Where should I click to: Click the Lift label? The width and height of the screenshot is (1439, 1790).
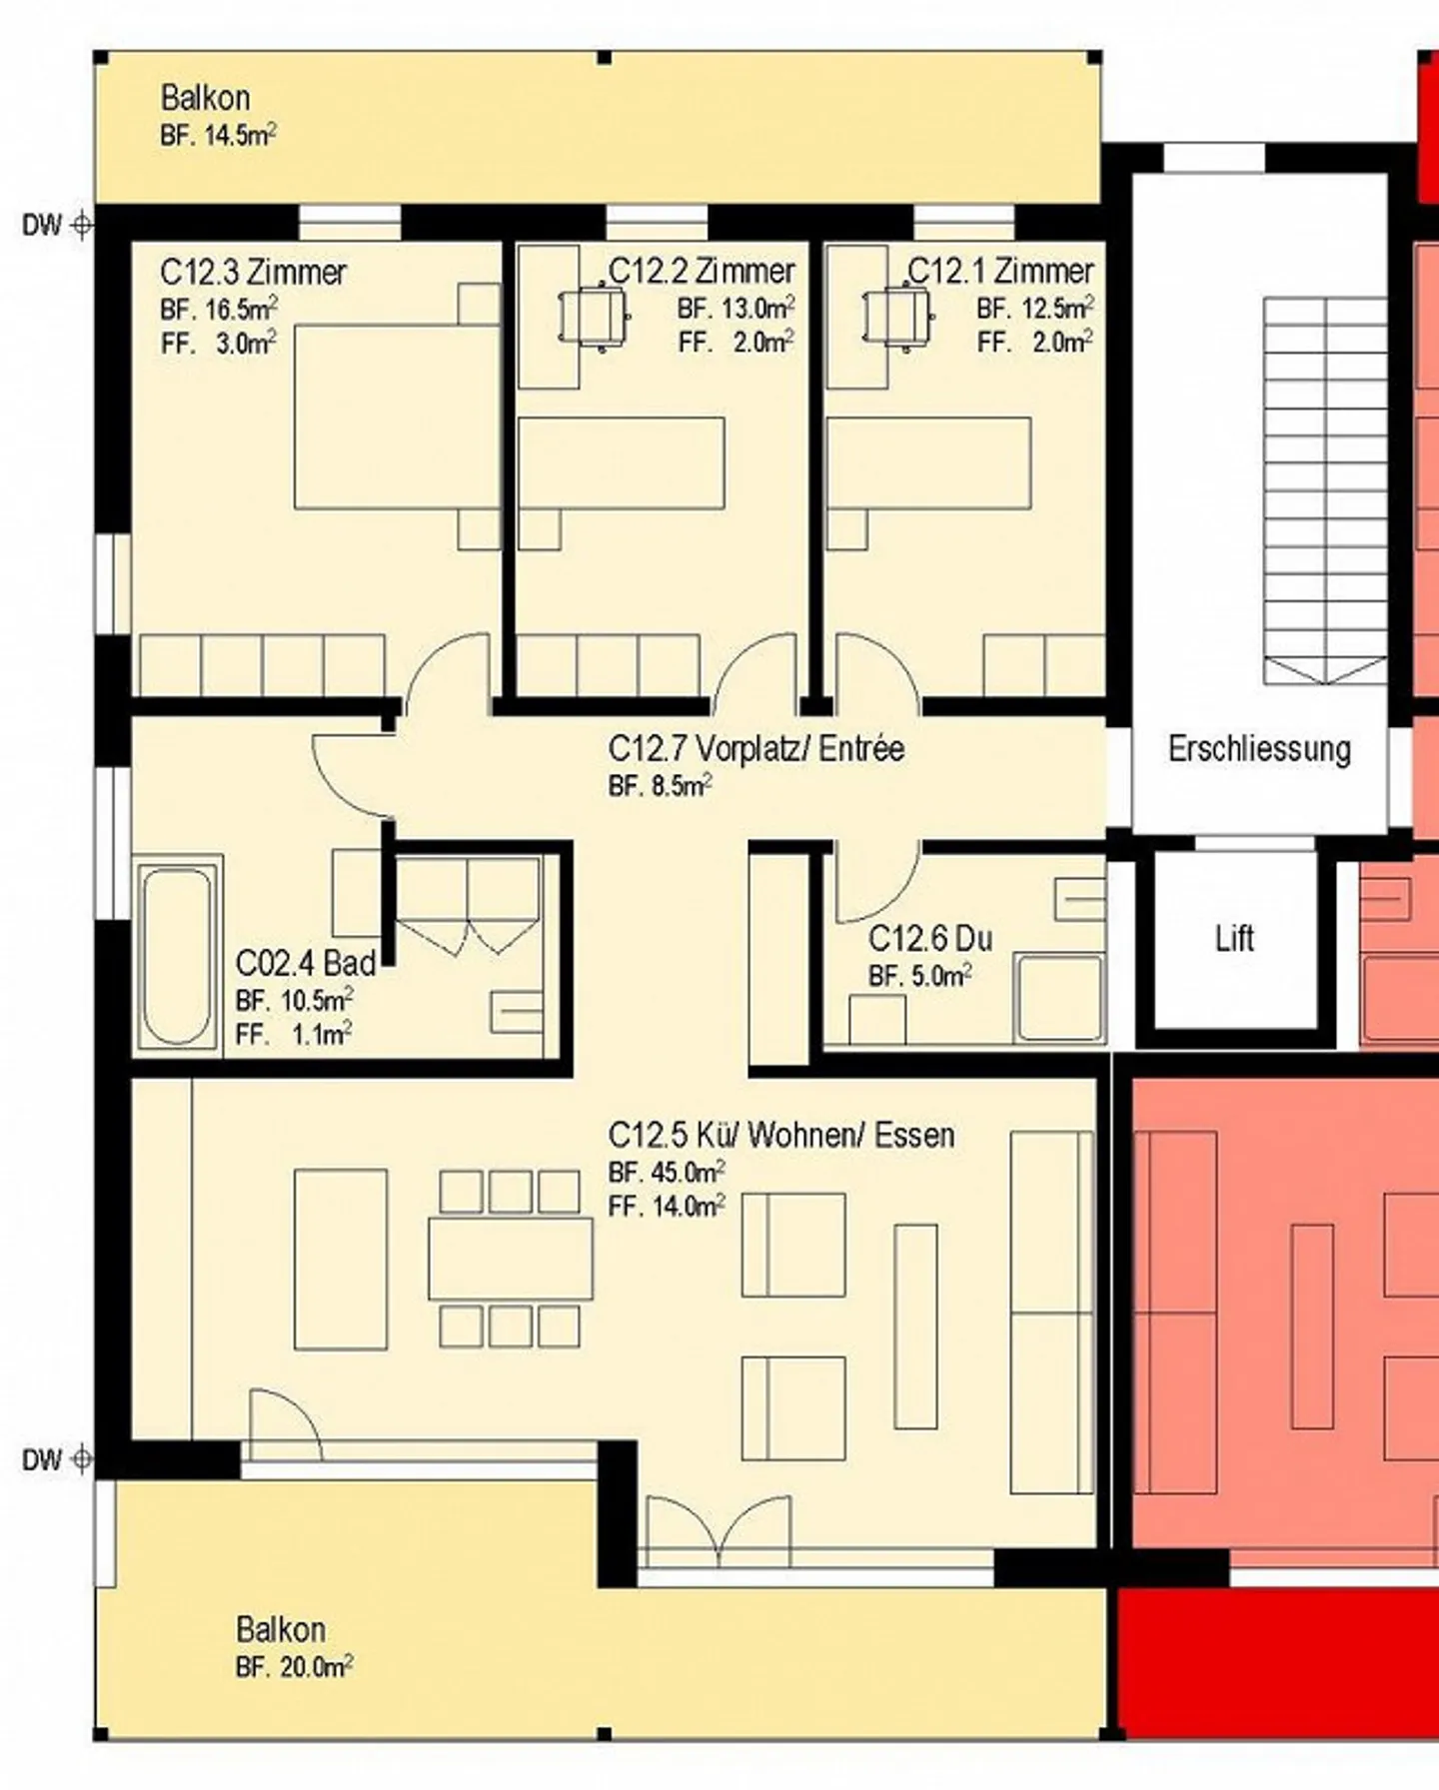click(x=1234, y=938)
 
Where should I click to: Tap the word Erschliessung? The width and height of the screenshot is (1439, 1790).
click(x=1259, y=748)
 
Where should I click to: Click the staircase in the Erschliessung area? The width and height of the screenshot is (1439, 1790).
click(x=1325, y=490)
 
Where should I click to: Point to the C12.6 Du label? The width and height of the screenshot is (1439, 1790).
click(x=930, y=938)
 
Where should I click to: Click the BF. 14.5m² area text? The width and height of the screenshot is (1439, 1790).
click(x=218, y=135)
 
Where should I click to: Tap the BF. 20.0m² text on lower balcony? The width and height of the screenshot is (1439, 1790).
click(x=294, y=1667)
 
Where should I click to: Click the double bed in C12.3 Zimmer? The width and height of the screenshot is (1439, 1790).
click(x=397, y=416)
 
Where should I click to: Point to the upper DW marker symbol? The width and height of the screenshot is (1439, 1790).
click(x=82, y=225)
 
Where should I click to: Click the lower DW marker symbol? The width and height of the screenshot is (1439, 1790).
click(x=82, y=1460)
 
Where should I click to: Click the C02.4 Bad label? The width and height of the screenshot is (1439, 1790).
click(x=306, y=963)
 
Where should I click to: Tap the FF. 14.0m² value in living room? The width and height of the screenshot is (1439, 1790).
click(x=667, y=1206)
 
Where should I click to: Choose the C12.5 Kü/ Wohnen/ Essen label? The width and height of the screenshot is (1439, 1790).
click(x=781, y=1135)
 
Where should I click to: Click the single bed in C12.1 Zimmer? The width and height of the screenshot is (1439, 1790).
click(x=928, y=463)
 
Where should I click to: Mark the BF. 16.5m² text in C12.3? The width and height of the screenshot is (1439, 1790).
click(x=219, y=308)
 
